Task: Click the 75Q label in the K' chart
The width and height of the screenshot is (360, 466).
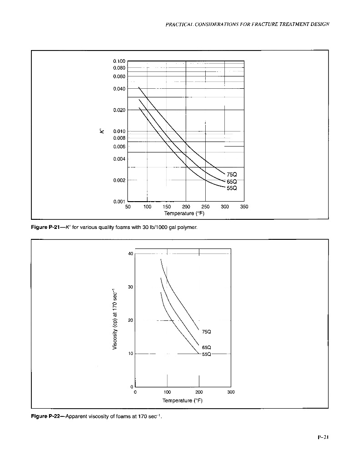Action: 232,175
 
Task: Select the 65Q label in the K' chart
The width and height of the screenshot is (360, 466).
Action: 232,182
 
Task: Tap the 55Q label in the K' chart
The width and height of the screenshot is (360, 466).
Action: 232,188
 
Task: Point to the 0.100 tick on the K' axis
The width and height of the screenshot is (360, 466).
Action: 119,61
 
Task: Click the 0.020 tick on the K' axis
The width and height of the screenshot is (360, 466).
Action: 119,110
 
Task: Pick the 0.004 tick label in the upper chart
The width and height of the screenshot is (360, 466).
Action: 119,159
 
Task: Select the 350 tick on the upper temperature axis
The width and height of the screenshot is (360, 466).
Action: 244,207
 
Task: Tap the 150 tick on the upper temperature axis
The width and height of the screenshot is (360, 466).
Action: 167,207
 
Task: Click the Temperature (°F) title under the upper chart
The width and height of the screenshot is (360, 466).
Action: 186,213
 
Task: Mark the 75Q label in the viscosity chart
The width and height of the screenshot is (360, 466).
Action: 206,332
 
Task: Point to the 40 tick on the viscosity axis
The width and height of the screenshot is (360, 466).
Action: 130,253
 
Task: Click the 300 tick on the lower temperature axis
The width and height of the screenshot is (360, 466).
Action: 231,392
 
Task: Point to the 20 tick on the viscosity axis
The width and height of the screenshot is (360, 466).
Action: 130,320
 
